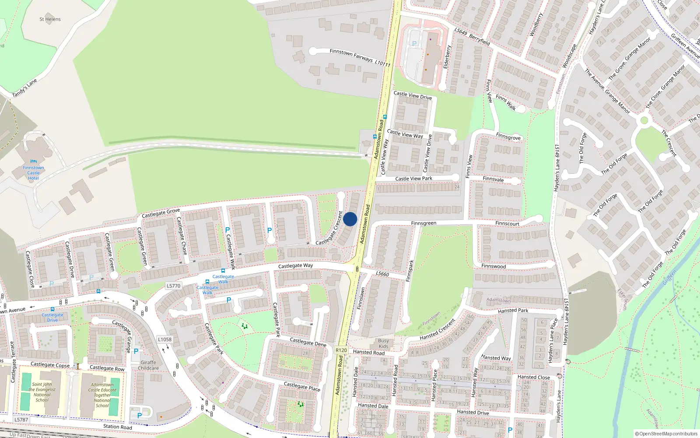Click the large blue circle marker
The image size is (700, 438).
(x=350, y=219)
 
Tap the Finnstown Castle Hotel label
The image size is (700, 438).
(x=33, y=173)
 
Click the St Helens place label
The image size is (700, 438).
(x=50, y=19)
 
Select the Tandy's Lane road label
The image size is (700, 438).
(x=24, y=88)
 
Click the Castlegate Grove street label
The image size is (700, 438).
(x=161, y=213)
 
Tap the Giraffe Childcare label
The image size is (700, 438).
(x=148, y=365)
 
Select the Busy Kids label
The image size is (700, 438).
(x=383, y=343)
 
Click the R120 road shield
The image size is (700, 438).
(x=341, y=350)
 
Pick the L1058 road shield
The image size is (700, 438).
(x=164, y=339)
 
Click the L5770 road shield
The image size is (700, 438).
(x=174, y=286)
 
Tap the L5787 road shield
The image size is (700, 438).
(x=21, y=420)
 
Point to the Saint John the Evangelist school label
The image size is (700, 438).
(x=42, y=392)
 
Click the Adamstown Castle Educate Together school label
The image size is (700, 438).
(x=102, y=395)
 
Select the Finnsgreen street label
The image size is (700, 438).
(x=423, y=223)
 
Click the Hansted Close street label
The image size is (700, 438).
(x=533, y=377)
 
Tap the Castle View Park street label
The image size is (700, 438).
(x=413, y=179)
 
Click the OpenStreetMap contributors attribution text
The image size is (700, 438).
(x=666, y=434)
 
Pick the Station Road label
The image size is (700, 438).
(x=117, y=427)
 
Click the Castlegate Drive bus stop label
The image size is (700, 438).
(x=52, y=317)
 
